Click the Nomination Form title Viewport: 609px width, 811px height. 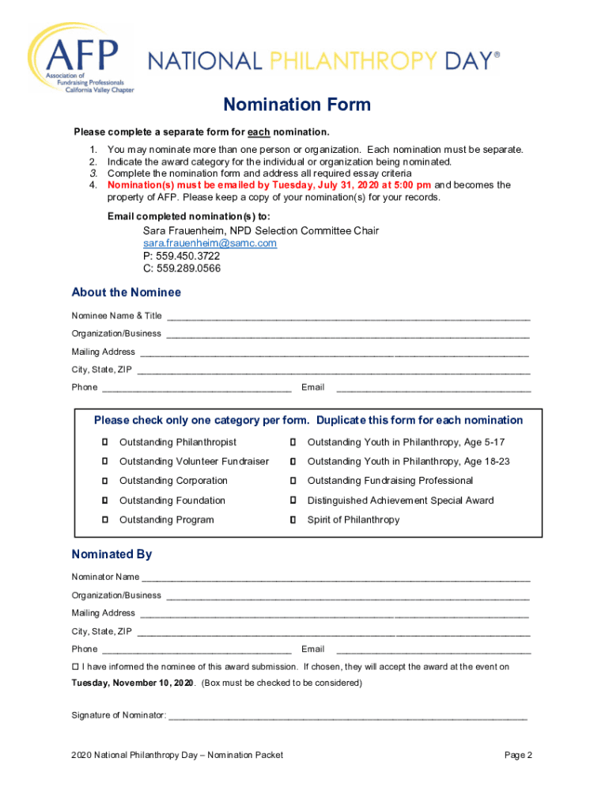pos(297,105)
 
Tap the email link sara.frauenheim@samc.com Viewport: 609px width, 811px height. pos(210,243)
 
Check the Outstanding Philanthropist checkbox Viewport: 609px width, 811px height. pos(104,442)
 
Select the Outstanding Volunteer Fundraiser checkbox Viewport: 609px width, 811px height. pos(104,461)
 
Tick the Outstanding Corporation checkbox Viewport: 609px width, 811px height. pos(104,481)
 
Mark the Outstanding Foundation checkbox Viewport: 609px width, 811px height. pos(104,501)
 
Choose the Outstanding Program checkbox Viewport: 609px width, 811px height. pos(104,520)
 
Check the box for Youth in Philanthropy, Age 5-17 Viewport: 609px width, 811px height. pos(293,442)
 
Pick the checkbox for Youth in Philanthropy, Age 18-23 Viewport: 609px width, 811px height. pos(293,461)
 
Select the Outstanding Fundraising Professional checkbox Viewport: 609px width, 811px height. pos(293,481)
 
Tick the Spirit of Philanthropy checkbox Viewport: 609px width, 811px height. pos(293,520)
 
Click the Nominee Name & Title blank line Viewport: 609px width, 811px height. pos(348,316)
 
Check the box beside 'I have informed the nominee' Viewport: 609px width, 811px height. pos(76,667)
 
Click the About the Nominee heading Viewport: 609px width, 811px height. pos(127,292)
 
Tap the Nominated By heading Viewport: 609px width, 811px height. pos(112,554)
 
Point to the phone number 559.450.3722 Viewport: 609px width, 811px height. pos(181,256)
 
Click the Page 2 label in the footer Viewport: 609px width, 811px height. pos(518,755)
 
